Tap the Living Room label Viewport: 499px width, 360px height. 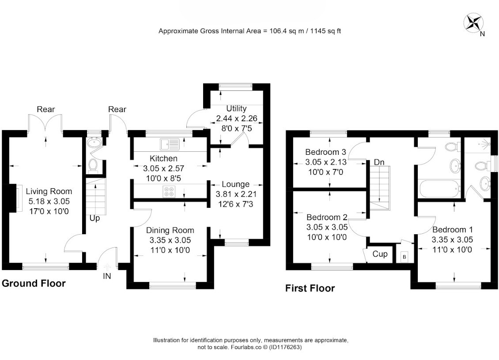point(49,191)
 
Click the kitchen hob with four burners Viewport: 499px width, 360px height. point(169,191)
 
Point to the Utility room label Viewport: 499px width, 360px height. point(236,109)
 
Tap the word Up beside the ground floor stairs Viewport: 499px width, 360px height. point(95,218)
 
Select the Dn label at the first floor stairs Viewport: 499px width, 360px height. point(379,162)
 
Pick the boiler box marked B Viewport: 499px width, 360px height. point(404,257)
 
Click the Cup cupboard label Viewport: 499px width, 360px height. point(380,254)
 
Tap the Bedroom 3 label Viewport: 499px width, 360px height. point(325,152)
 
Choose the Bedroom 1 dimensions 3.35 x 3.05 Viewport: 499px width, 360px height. point(452,240)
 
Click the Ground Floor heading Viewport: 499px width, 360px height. point(34,283)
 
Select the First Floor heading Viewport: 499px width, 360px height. point(310,288)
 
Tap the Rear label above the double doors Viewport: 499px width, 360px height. point(46,109)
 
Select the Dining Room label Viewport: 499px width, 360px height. point(170,230)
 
